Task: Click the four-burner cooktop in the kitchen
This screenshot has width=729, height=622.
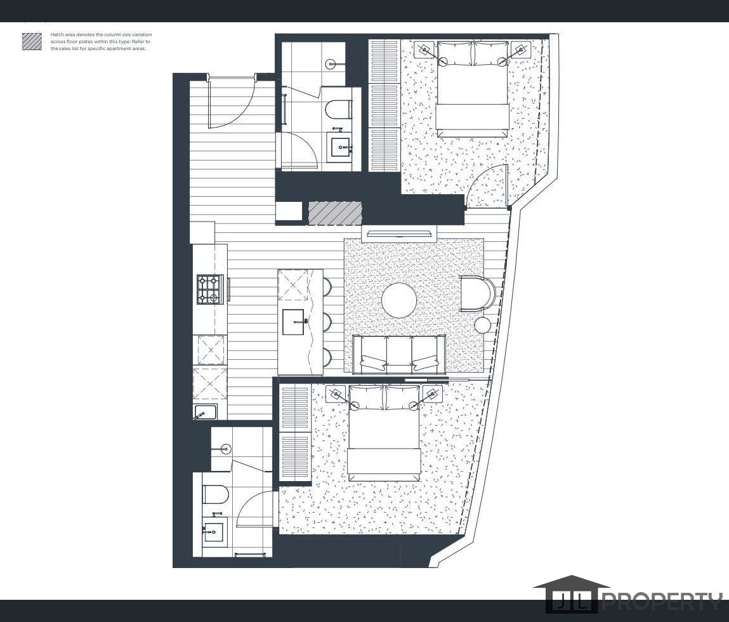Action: pyautogui.click(x=209, y=289)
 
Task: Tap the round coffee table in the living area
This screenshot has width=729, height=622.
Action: pyautogui.click(x=399, y=300)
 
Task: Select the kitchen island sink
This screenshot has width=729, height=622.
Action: pyautogui.click(x=293, y=322)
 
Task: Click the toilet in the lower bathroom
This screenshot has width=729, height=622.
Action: pyautogui.click(x=214, y=494)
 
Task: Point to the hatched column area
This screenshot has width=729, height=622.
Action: pyautogui.click(x=335, y=213)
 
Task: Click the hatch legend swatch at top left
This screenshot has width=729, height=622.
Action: pyautogui.click(x=32, y=42)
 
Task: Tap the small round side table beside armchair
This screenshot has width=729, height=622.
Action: pyautogui.click(x=483, y=326)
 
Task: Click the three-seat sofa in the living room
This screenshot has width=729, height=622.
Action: pyautogui.click(x=399, y=353)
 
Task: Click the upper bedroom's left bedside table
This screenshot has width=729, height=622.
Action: pyautogui.click(x=424, y=50)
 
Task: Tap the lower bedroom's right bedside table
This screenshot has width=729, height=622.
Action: pyautogui.click(x=433, y=394)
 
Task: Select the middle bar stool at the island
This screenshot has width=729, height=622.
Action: pyautogui.click(x=326, y=321)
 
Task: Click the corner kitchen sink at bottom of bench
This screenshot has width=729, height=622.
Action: pyautogui.click(x=206, y=412)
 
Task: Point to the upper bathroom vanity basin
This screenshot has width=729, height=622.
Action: pyautogui.click(x=341, y=147)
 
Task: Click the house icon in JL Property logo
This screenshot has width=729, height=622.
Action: pyautogui.click(x=571, y=593)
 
